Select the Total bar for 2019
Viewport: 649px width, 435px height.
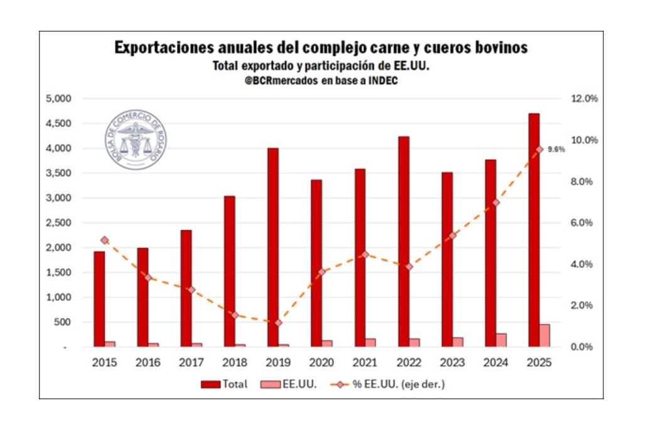pyautogui.click(x=273, y=247)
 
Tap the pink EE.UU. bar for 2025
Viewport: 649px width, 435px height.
pyautogui.click(x=544, y=335)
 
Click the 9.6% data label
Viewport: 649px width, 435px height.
pyautogui.click(x=556, y=149)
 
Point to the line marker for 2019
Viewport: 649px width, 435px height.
pyautogui.click(x=279, y=323)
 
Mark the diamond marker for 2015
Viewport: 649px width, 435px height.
pyautogui.click(x=105, y=239)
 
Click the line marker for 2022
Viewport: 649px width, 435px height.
pyautogui.click(x=409, y=266)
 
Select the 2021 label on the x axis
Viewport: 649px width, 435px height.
pyautogui.click(x=365, y=363)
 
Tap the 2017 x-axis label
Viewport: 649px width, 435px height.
pyautogui.click(x=191, y=363)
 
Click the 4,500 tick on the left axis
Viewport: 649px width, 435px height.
pyautogui.click(x=60, y=123)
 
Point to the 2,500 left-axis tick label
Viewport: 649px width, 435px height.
pyautogui.click(x=60, y=223)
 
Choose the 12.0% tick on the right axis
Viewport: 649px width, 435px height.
pyautogui.click(x=583, y=98)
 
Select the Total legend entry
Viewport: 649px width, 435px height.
pyautogui.click(x=224, y=384)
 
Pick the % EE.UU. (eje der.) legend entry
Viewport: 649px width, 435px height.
pyautogui.click(x=390, y=384)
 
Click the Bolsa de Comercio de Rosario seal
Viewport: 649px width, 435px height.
pyautogui.click(x=136, y=139)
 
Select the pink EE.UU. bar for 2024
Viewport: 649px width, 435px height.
pyautogui.click(x=501, y=339)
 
